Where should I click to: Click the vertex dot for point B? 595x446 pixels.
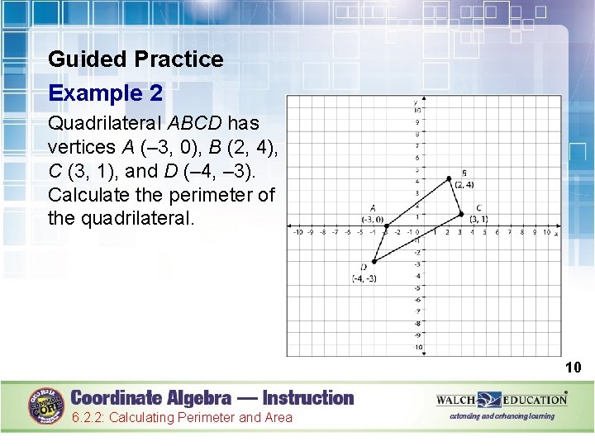[449, 178]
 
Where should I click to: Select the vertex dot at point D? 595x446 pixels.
[373, 261]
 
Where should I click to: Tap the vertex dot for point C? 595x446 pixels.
[461, 214]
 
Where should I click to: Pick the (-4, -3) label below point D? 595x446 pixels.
[364, 278]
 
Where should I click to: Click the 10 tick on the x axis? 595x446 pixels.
[546, 233]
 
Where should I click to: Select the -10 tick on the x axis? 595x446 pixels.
[298, 233]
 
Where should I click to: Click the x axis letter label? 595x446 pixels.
[556, 234]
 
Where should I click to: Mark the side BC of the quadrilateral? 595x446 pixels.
[455, 196]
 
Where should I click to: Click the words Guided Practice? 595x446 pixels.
[136, 59]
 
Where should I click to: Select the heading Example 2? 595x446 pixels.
[105, 93]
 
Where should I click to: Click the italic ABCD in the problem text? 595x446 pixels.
[196, 124]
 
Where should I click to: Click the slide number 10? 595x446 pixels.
[574, 367]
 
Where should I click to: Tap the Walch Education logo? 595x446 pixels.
[502, 400]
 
